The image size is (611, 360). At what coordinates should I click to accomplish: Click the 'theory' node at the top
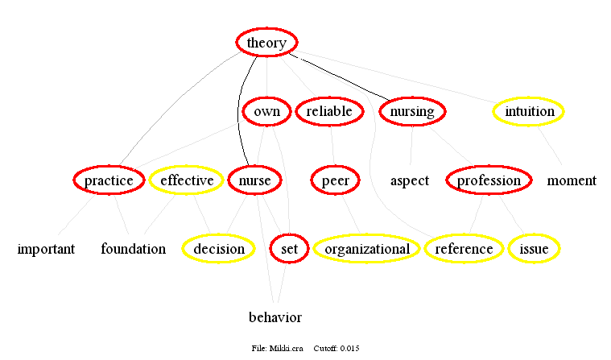(x=266, y=43)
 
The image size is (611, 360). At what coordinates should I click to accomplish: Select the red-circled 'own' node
(x=266, y=111)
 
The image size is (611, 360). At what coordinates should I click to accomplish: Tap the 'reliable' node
(x=329, y=111)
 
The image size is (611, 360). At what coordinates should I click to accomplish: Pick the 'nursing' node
(x=412, y=111)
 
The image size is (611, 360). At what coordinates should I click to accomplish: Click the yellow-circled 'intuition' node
(x=529, y=111)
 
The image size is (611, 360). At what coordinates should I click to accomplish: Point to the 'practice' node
(x=109, y=180)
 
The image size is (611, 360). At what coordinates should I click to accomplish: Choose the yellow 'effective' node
(x=187, y=180)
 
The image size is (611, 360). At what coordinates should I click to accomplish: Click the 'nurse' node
(x=254, y=180)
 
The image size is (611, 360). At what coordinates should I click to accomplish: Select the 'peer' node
(x=336, y=180)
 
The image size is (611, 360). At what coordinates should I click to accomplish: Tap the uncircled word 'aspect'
(x=410, y=180)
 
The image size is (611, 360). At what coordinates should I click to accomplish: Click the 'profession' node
(x=489, y=180)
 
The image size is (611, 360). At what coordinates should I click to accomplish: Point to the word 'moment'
(x=572, y=180)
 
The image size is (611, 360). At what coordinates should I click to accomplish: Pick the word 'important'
(x=46, y=249)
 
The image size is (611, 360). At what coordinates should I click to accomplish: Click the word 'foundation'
(x=133, y=249)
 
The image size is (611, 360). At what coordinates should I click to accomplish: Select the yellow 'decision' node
(x=218, y=249)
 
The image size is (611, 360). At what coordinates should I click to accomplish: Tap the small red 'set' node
(x=289, y=249)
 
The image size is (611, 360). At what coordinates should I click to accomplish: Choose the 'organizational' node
(x=366, y=249)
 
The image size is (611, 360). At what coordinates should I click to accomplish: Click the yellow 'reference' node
(x=464, y=249)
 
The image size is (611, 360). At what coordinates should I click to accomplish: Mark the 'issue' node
(x=534, y=249)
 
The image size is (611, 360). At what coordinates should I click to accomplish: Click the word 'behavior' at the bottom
(x=275, y=317)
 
